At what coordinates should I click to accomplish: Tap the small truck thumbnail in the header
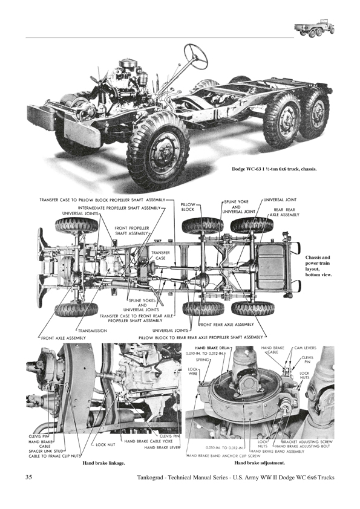click(315, 30)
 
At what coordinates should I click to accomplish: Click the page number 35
click(28, 477)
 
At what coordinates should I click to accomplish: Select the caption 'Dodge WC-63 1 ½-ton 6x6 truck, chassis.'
click(274, 169)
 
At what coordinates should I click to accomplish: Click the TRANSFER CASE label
click(160, 255)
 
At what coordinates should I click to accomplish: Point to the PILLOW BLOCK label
click(188, 207)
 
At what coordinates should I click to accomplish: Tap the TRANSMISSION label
click(93, 331)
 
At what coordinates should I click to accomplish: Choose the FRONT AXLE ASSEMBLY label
click(64, 338)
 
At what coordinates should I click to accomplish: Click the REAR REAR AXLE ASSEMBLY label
click(284, 212)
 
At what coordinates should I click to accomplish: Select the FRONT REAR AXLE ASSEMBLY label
click(226, 324)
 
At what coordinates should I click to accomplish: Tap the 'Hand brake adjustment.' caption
click(260, 463)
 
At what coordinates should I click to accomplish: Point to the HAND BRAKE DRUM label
click(212, 348)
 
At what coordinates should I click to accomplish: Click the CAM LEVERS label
click(305, 348)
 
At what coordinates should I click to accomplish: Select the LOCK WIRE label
click(192, 371)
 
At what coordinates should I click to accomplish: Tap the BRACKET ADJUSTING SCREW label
click(307, 442)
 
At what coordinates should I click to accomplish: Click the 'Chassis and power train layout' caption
click(318, 266)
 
